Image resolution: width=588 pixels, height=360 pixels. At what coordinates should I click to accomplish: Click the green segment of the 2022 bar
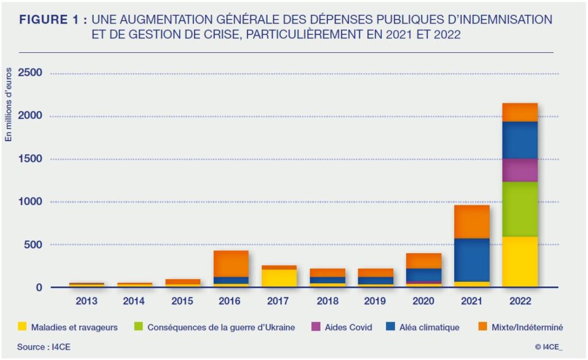[520, 209]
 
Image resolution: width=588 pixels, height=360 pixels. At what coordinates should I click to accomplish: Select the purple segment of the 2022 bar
[520, 170]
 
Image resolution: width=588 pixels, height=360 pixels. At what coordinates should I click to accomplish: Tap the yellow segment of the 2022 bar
[520, 261]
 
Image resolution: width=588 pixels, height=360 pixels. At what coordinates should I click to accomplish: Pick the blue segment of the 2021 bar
[472, 260]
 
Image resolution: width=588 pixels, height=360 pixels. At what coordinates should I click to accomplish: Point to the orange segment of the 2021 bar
[472, 222]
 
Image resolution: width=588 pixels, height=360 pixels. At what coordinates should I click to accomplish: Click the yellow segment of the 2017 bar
[279, 278]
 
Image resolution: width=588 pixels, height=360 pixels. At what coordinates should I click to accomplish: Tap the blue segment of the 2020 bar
[424, 275]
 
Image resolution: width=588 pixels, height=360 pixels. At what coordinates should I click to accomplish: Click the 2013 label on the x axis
[86, 301]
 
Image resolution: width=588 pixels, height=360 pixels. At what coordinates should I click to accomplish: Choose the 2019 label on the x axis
[376, 301]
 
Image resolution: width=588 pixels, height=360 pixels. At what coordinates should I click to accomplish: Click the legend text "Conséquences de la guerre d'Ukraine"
[221, 327]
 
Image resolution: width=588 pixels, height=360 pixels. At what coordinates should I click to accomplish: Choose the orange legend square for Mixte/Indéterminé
[482, 327]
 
